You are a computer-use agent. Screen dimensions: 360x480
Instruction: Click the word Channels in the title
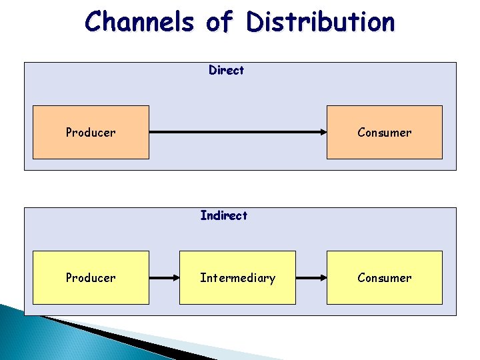pos(140,21)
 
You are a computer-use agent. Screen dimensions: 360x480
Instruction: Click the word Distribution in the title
pos(320,21)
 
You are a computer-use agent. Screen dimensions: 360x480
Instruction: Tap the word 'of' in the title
pos(219,21)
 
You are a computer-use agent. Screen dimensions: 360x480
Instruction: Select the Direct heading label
pos(226,70)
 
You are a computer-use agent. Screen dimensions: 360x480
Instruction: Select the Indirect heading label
pos(224,215)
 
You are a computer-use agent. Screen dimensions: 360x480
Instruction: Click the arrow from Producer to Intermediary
pos(164,277)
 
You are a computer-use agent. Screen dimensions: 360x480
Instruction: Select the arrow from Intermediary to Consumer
pos(311,277)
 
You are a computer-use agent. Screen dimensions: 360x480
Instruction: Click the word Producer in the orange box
pos(91,132)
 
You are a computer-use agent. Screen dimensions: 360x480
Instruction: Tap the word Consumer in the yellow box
pos(384,277)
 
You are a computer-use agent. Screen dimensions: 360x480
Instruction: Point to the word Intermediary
pos(237,277)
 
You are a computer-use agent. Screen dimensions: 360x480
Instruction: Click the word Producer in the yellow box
pos(91,277)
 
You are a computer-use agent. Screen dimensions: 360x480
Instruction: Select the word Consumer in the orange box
pos(384,132)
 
